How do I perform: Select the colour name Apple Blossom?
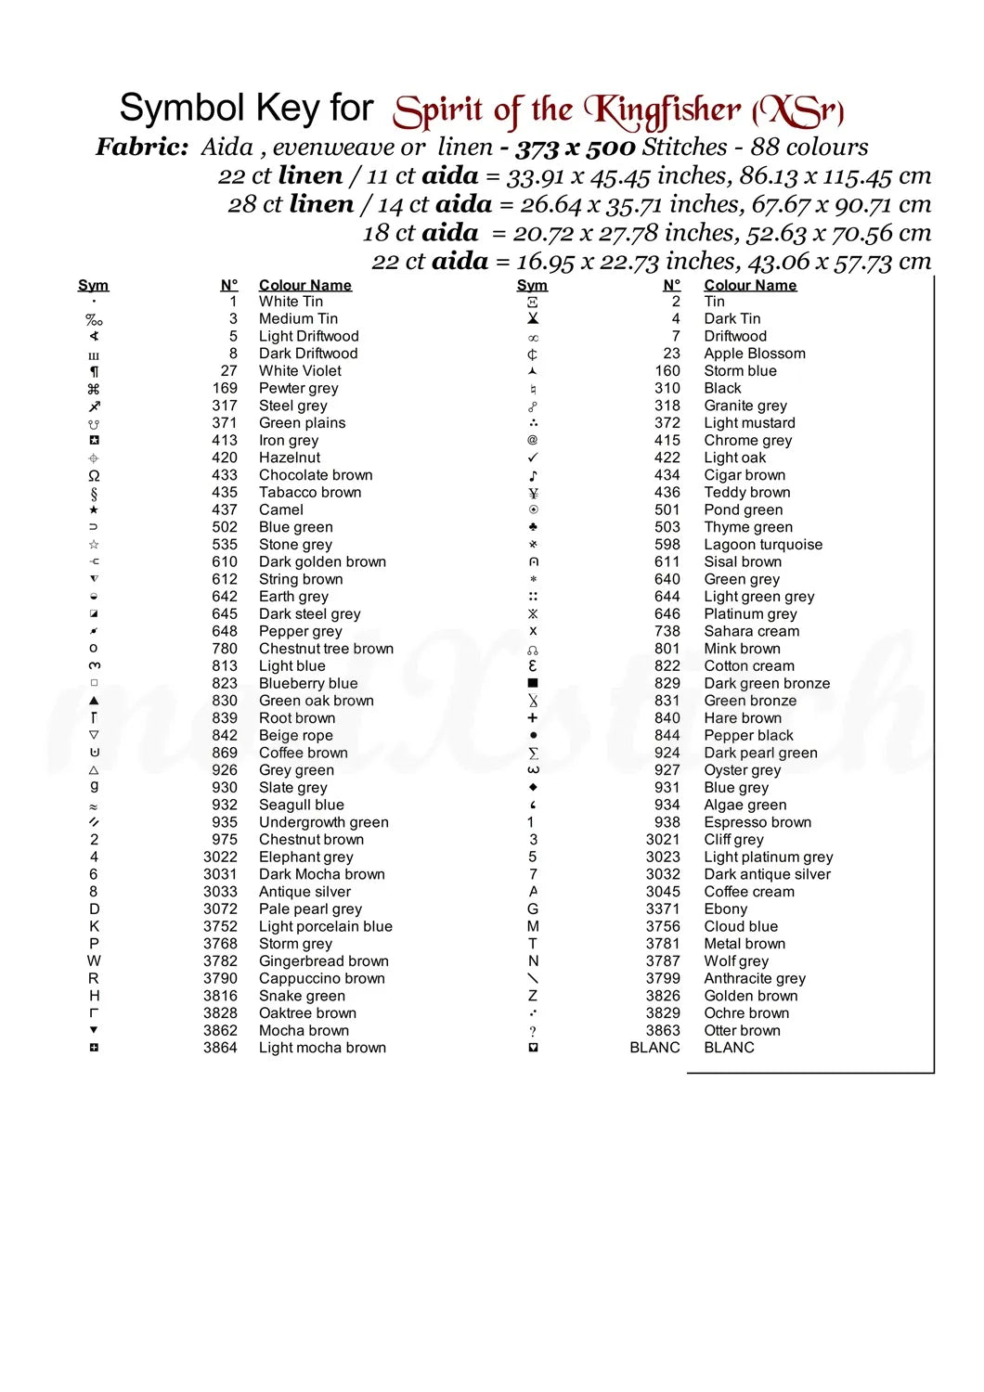click(754, 354)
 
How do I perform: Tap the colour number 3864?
click(220, 1048)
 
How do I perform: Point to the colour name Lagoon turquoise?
click(762, 545)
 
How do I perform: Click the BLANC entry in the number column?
click(654, 1048)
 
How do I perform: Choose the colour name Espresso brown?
click(757, 822)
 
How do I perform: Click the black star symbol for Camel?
click(94, 509)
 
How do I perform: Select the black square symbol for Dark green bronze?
click(533, 683)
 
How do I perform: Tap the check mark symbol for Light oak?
click(533, 458)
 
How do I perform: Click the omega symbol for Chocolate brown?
click(94, 475)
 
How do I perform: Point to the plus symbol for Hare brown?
click(533, 718)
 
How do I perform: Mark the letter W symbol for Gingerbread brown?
click(94, 961)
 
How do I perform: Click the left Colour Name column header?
click(304, 285)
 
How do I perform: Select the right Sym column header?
click(532, 285)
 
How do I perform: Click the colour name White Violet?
click(300, 371)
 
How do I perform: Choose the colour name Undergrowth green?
click(323, 822)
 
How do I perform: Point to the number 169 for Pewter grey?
click(225, 388)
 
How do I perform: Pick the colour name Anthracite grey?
click(754, 978)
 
